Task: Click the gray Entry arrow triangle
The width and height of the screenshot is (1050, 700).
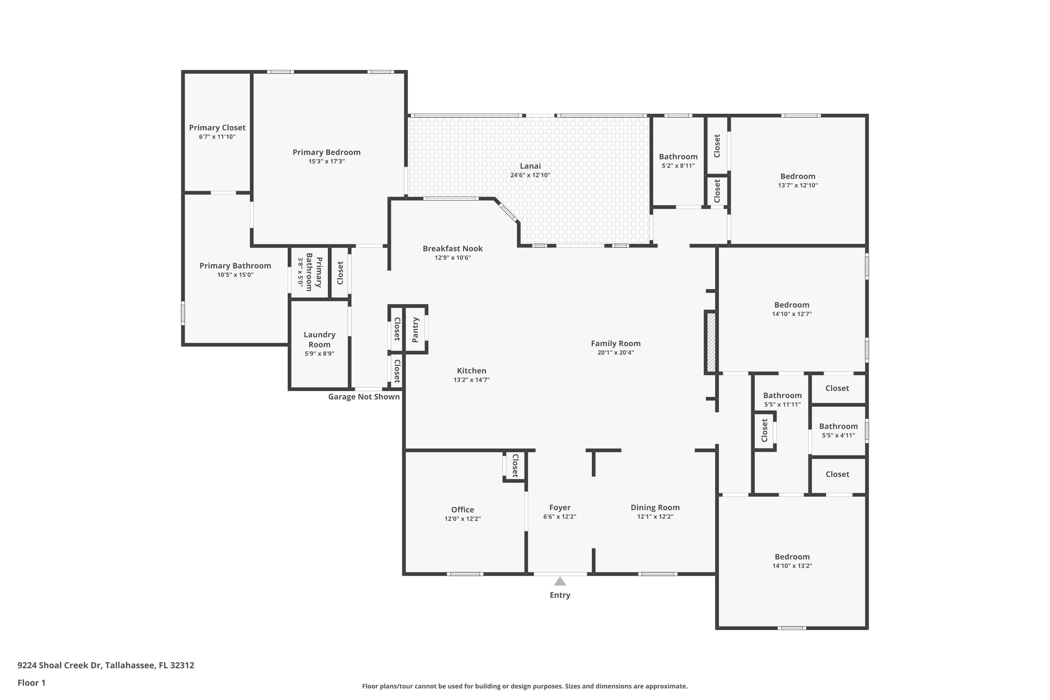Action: (x=560, y=582)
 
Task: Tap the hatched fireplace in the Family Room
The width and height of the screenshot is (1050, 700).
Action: (x=711, y=342)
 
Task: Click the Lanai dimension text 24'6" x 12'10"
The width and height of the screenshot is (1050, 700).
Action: (x=530, y=175)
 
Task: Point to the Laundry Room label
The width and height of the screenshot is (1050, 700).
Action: (x=319, y=339)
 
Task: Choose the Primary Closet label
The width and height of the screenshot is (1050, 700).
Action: (x=217, y=128)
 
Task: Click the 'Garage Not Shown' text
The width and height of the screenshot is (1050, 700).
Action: (x=364, y=397)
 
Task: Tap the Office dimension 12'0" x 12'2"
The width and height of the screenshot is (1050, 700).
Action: (x=462, y=519)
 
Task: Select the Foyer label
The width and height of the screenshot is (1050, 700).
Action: (x=559, y=507)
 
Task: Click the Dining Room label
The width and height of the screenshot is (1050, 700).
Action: (x=655, y=507)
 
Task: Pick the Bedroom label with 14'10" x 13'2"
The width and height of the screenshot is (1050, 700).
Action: (x=792, y=557)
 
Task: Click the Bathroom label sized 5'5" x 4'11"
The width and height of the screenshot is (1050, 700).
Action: (x=838, y=426)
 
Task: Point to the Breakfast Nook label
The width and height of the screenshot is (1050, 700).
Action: (x=453, y=248)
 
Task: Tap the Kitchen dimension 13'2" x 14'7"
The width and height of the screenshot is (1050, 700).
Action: (x=471, y=380)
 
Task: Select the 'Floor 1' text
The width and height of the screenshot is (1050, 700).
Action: (x=31, y=682)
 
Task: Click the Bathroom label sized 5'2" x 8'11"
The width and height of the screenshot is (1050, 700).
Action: (x=678, y=157)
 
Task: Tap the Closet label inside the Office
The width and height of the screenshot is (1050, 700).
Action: (x=515, y=465)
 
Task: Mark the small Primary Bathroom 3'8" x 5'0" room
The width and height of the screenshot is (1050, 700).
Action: (x=309, y=272)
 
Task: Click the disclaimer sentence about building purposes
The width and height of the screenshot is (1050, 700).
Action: (x=525, y=686)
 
